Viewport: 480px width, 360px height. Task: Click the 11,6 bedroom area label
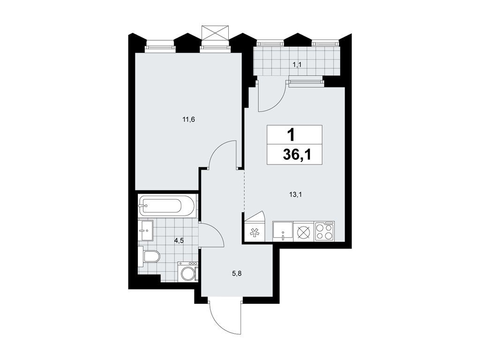[x=188, y=120]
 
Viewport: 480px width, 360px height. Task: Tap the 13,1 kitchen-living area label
[x=295, y=196]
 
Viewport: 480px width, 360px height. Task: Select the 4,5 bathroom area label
[x=179, y=241]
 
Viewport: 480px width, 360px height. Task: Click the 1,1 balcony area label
[x=297, y=65]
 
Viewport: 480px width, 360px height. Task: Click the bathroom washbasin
[x=146, y=231]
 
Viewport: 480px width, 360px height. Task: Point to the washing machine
[x=188, y=272]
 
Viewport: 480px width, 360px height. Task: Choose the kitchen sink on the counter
[x=283, y=231]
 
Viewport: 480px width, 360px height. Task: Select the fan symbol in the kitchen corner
[x=255, y=232]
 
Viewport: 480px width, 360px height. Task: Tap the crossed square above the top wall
[x=214, y=33]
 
